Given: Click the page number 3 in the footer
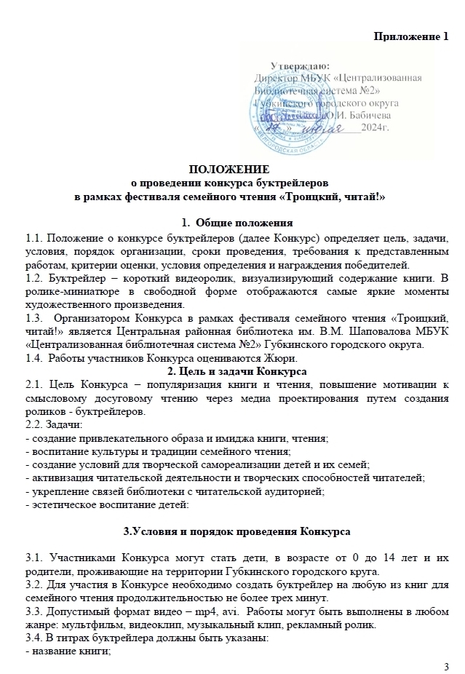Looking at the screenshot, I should [x=446, y=667].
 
